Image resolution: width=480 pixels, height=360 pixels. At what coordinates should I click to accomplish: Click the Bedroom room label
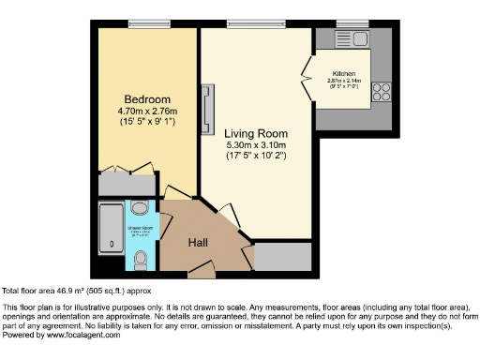[x=147, y=99]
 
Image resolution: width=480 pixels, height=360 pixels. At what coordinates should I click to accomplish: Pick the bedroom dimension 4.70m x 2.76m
[x=147, y=112]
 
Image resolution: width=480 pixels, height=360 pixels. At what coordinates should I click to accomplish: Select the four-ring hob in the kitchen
[x=382, y=91]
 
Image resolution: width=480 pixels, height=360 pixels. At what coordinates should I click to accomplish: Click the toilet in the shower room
[x=141, y=257]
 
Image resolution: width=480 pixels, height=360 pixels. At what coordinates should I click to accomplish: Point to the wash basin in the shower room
[x=141, y=208]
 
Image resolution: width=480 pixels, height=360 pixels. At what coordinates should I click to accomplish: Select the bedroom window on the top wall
[x=148, y=23]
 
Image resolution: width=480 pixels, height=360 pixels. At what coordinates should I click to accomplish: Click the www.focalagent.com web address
[x=78, y=335]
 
